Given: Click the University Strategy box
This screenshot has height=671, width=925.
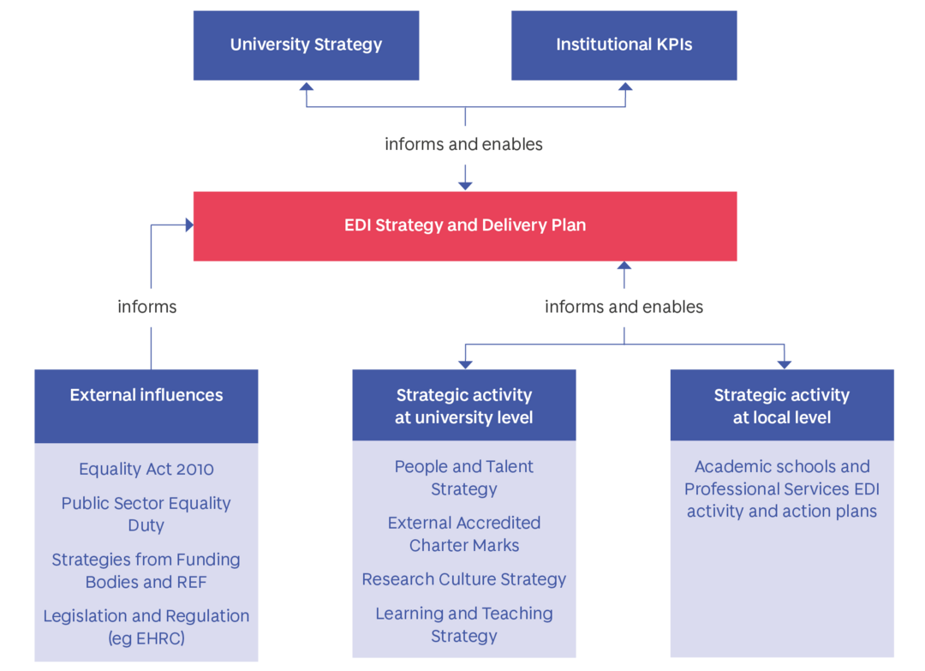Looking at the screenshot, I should [x=306, y=45].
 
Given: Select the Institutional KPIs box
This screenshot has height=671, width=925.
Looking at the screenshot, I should [x=624, y=45].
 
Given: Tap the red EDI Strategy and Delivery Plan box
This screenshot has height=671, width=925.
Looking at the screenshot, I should [x=464, y=226].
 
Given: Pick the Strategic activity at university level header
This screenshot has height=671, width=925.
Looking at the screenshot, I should [x=464, y=405].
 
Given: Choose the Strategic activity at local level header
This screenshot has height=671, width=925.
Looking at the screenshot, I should [x=782, y=405].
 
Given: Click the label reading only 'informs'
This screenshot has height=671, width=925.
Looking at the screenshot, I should [x=146, y=308].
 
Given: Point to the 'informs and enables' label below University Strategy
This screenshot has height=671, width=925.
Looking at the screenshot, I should [x=463, y=145].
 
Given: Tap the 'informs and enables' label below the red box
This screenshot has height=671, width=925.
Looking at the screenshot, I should [x=624, y=308].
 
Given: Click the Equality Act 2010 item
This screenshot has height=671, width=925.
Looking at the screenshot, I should [x=146, y=470].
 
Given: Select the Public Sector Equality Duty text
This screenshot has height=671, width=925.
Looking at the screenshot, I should [x=146, y=514].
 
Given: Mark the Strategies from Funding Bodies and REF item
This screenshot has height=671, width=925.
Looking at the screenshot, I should [x=146, y=571].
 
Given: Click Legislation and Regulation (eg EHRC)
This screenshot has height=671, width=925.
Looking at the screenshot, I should [x=146, y=626].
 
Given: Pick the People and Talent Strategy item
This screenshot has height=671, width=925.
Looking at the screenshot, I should [x=464, y=478].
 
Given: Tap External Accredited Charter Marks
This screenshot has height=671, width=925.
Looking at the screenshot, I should [x=464, y=534].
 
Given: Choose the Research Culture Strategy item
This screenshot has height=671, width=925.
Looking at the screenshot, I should [x=464, y=579].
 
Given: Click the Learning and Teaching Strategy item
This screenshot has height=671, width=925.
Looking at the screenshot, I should [x=464, y=625].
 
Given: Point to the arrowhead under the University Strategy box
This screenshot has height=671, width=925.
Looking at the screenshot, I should [x=306, y=87].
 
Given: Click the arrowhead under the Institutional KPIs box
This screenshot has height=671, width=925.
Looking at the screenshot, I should [x=625, y=87].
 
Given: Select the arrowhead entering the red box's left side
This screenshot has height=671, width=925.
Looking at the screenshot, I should [x=187, y=225].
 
